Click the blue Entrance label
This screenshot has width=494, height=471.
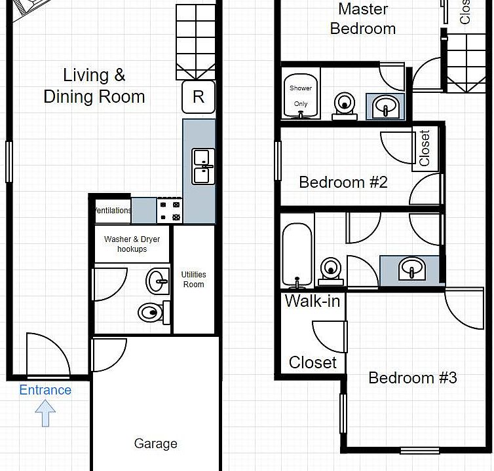45,391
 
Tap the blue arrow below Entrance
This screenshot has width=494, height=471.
45,413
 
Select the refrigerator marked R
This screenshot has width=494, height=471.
199,97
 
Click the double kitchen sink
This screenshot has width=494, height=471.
202,166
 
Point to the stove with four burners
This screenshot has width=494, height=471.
169,211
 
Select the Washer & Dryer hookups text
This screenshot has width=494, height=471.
132,244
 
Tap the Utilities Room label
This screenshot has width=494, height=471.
193,279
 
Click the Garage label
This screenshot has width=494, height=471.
155,444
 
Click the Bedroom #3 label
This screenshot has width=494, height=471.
412,377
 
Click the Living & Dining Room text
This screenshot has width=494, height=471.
94,86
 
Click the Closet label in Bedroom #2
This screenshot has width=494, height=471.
425,149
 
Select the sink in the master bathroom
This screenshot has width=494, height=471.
385,106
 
